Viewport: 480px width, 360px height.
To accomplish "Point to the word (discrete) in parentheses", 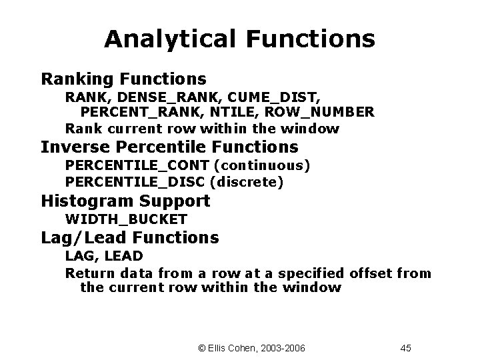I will [x=247, y=181].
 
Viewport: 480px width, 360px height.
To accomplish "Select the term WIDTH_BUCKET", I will [x=126, y=219].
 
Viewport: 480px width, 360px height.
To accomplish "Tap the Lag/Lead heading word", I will [x=84, y=237].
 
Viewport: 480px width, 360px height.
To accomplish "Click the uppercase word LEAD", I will [x=123, y=255].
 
